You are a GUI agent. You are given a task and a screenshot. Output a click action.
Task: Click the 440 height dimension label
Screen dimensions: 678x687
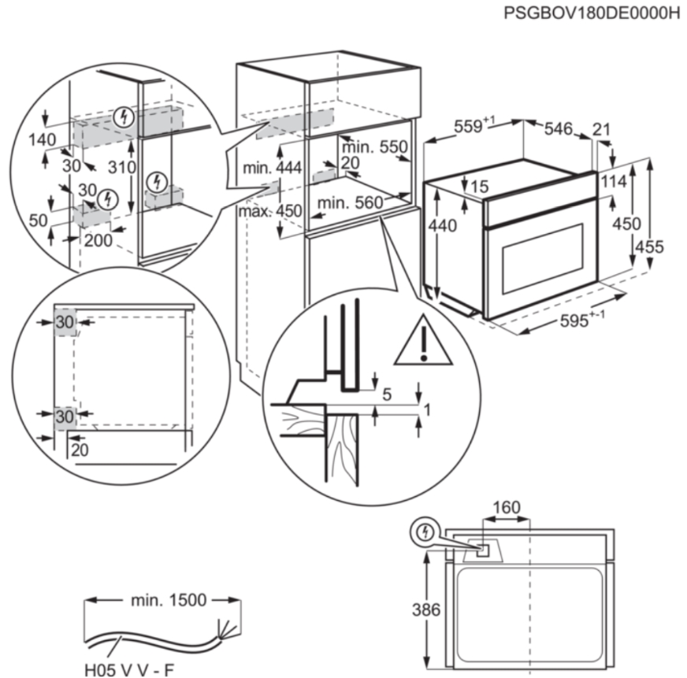coord(443,226)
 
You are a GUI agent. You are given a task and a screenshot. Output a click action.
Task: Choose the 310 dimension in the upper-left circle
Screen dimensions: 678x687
coord(122,168)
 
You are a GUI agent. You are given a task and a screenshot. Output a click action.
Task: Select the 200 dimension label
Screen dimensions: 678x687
coord(98,241)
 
